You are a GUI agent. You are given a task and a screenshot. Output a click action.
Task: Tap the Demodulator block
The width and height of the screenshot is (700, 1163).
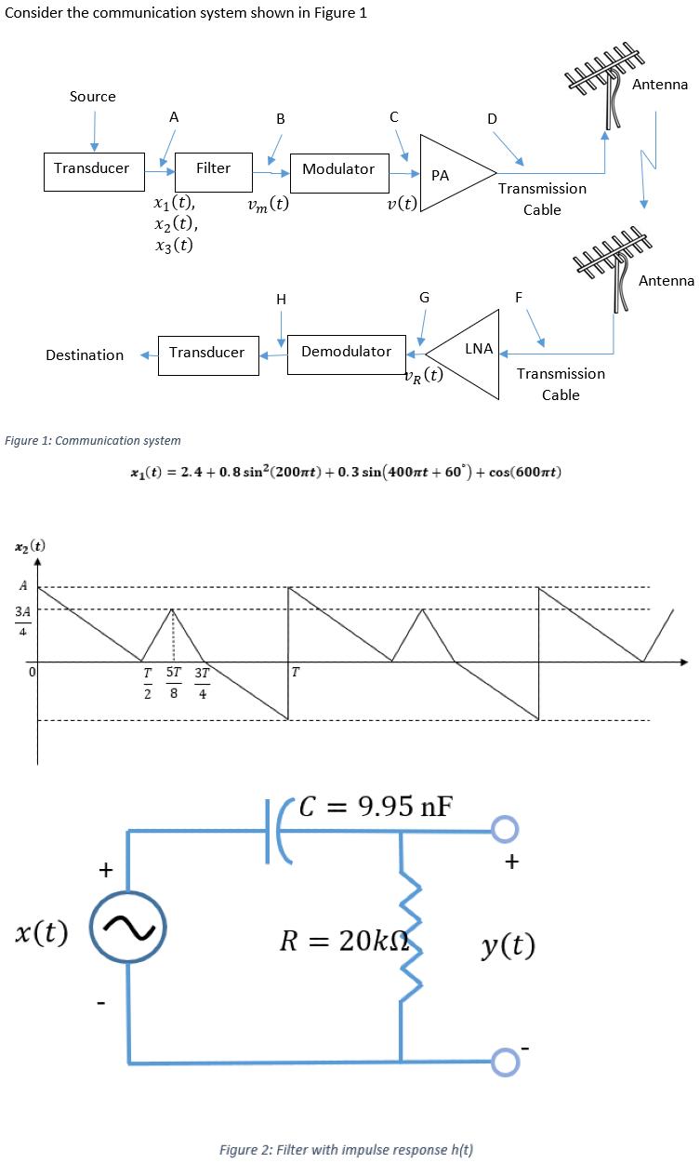tap(346, 353)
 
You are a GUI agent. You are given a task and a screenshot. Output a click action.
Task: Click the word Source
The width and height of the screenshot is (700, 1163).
tap(93, 97)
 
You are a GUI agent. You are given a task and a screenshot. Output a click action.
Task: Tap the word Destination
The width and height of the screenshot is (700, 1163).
tap(85, 355)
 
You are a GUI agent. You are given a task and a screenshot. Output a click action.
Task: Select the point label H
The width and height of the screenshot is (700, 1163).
tap(281, 299)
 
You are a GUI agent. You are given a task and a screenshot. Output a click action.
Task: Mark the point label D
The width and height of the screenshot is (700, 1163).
tap(492, 118)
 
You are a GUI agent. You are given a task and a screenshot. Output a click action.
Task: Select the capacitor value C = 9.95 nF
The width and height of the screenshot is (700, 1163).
tap(376, 806)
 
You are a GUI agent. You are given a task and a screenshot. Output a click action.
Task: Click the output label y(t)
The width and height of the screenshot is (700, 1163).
tap(508, 946)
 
